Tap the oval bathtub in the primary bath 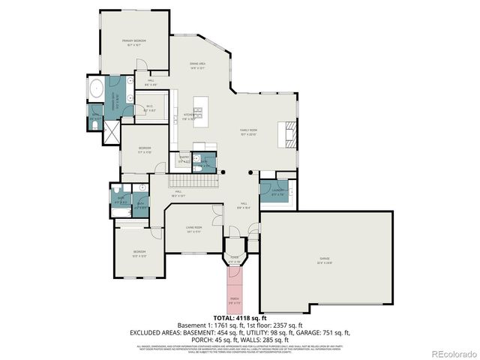pos(96,90)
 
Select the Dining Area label pos(197,65)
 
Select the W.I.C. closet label pos(149,108)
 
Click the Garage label pos(324,259)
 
